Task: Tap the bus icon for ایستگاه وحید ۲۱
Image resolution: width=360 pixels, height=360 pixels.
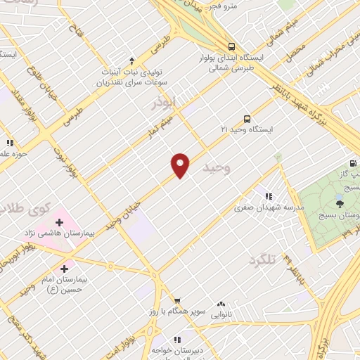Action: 247,118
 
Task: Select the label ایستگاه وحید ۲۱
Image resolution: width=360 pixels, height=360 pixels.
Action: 245,130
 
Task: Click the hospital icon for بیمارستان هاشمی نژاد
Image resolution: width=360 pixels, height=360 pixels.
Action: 59,224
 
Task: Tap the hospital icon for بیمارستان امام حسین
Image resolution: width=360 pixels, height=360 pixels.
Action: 64,268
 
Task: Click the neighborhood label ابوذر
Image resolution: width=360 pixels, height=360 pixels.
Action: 168,105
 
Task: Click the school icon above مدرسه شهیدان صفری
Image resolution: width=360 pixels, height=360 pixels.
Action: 268,196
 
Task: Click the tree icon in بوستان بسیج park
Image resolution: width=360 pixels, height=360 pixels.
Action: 340,204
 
